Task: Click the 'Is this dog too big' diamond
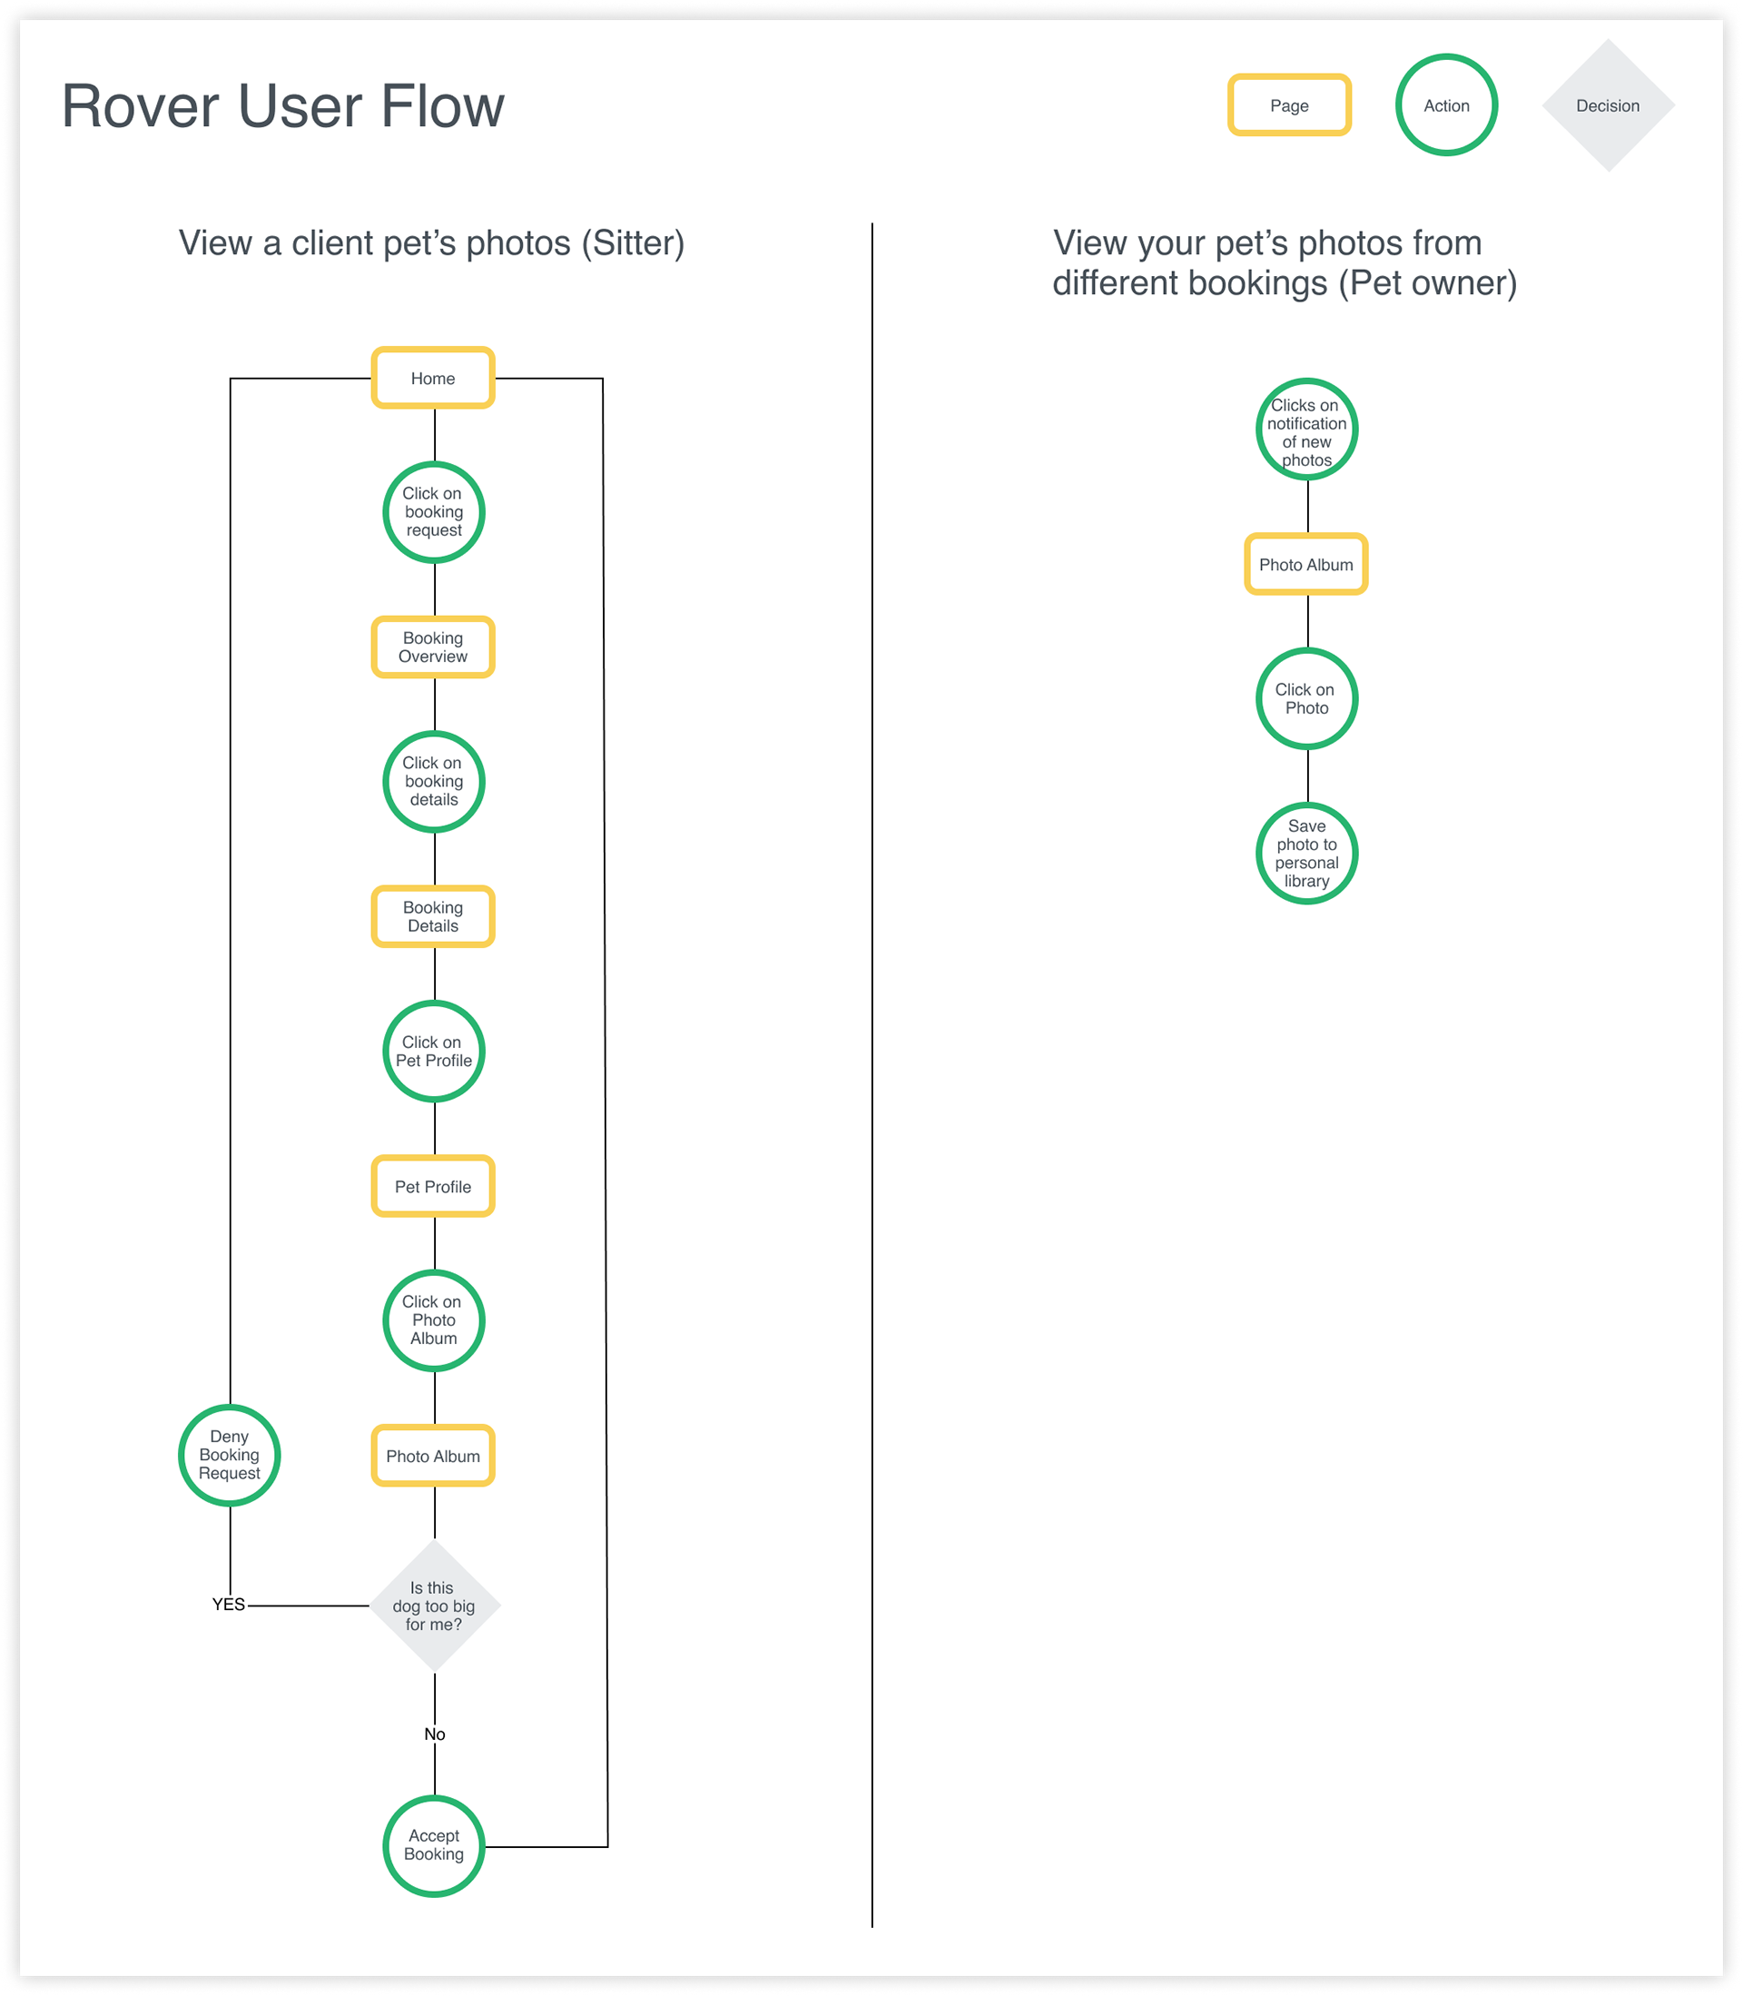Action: click(x=435, y=1606)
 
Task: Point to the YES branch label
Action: click(x=229, y=1605)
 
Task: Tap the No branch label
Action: click(x=435, y=1734)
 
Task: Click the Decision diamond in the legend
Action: click(x=1609, y=106)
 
